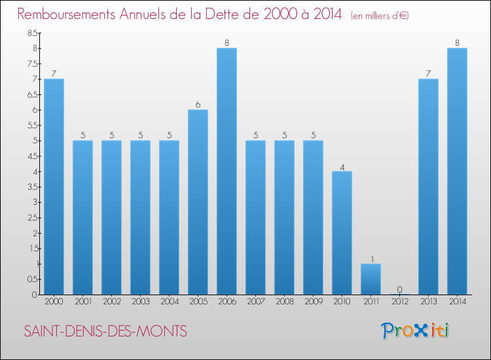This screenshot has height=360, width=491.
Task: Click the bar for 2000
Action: [x=54, y=187]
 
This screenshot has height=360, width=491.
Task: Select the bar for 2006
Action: [x=227, y=171]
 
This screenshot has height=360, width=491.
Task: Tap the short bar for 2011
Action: [x=371, y=279]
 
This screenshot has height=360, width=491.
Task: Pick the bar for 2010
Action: [x=342, y=233]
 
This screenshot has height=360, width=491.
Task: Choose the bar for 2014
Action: [x=457, y=171]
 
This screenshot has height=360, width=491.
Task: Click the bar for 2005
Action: [x=198, y=202]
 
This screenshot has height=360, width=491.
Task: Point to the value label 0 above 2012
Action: [x=399, y=289]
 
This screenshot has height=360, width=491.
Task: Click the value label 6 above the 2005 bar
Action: [x=198, y=104]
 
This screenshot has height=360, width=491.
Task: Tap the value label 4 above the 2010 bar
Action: [x=342, y=166]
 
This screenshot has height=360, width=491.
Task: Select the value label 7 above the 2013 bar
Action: [x=428, y=73]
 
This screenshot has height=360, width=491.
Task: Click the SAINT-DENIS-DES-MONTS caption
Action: [x=105, y=332]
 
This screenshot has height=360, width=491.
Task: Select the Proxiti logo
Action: [x=416, y=331]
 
